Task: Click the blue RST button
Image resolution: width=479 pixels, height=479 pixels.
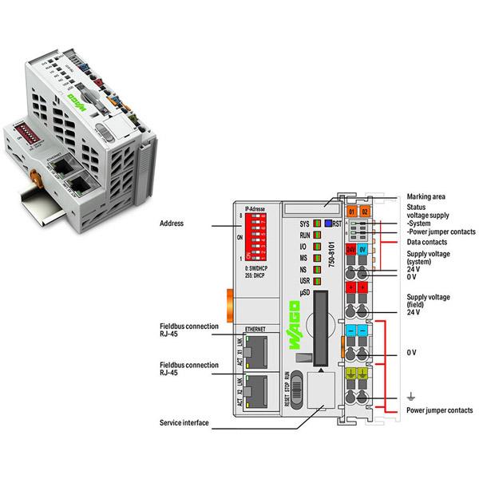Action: click(327, 225)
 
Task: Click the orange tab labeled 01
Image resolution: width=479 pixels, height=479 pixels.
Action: click(352, 212)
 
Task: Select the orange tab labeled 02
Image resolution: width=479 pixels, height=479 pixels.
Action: click(365, 212)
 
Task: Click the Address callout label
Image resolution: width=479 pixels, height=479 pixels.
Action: click(172, 224)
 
